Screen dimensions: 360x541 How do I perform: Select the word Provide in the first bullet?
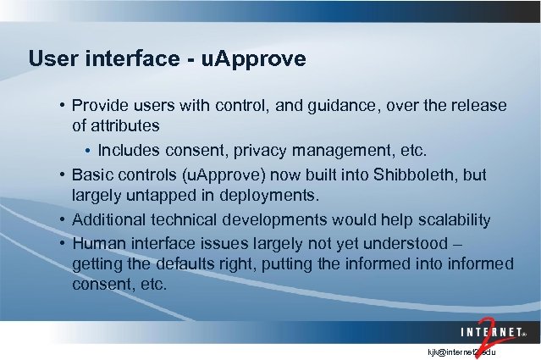100,106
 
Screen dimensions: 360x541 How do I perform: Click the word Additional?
106,219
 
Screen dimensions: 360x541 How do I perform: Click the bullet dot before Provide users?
63,106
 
